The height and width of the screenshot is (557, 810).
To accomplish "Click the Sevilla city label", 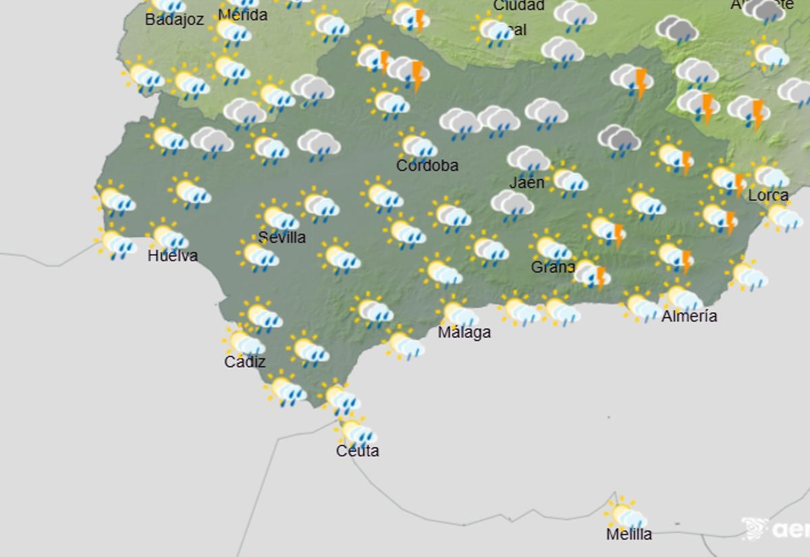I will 282,237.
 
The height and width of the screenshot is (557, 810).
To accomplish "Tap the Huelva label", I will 173,256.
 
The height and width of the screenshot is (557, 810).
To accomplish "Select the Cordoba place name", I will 427,165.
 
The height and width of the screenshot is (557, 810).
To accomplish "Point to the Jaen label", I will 526,182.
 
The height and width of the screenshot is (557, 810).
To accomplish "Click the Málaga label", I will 464,332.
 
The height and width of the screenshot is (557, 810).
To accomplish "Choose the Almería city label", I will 689,316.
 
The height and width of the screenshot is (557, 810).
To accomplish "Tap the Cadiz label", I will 245,361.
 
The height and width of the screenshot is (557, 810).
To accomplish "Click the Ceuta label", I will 358,450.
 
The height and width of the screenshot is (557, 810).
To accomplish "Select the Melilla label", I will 629,534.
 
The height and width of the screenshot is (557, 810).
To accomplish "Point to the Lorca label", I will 768,195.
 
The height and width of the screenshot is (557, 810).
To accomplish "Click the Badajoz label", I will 174,20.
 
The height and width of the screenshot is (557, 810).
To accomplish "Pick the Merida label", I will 243,15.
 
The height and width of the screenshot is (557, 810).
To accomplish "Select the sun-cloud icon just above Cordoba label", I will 416,144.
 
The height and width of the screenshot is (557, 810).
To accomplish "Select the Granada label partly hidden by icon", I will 552,266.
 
